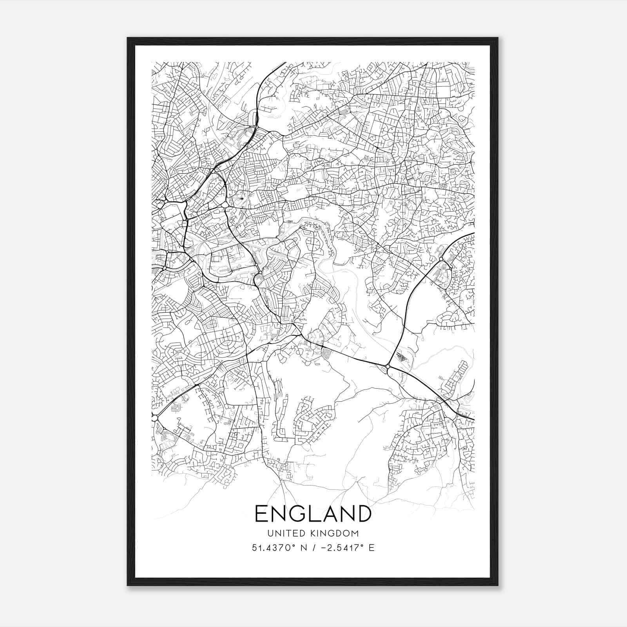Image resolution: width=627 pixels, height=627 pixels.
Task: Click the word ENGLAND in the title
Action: [x=313, y=513]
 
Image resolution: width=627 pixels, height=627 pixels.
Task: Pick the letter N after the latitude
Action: [x=303, y=548]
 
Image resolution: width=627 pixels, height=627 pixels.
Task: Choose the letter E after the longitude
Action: [x=371, y=548]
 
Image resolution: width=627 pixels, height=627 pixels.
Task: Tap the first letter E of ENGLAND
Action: [x=262, y=513]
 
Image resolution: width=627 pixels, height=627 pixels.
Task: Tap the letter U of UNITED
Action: [x=270, y=533]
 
